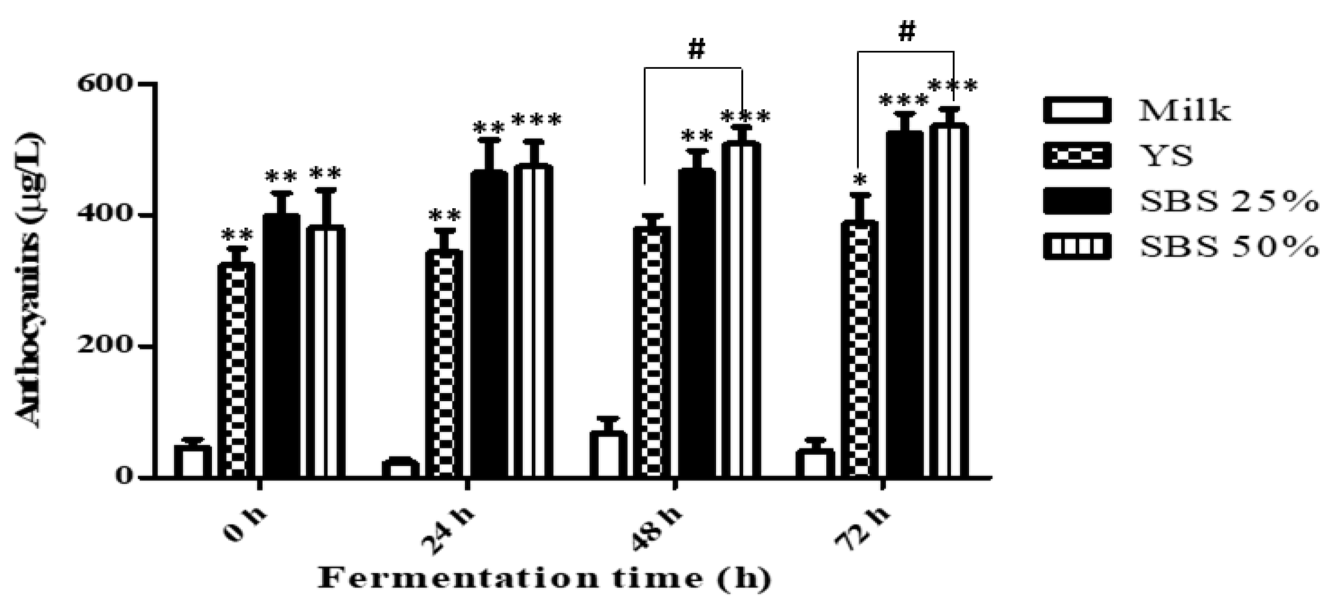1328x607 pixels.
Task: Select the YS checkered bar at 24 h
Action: (x=443, y=363)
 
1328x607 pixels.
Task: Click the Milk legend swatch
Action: (x=1076, y=110)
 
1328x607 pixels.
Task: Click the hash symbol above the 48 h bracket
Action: (x=696, y=50)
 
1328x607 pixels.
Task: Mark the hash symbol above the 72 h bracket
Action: (x=906, y=32)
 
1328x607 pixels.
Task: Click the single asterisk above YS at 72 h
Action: (x=859, y=181)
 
